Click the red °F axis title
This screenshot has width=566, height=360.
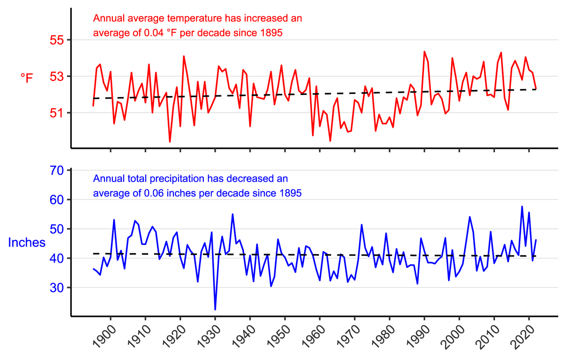pos(27,78)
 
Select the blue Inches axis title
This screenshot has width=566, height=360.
pos(27,242)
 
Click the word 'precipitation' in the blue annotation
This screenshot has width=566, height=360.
pos(179,179)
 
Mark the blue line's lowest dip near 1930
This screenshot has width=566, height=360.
pos(215,310)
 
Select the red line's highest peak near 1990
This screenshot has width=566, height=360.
pos(424,51)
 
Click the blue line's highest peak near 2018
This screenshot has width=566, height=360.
pos(522,206)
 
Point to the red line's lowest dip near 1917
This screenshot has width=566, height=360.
pos(170,142)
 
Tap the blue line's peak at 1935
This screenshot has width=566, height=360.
pos(232,214)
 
